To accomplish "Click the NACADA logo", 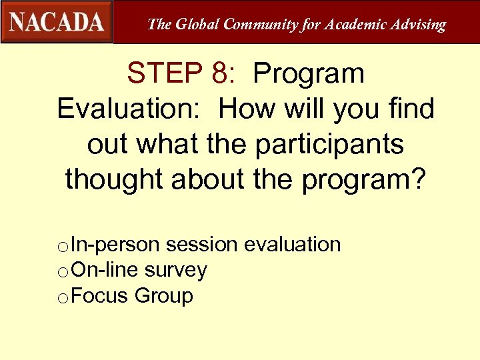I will pos(57,22).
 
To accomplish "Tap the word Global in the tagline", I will pos(197,25).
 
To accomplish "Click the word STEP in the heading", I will pos(169,73).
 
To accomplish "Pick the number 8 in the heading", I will pos(220,73).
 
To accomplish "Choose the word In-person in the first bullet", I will pos(115,245).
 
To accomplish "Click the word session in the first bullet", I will pos(202,245).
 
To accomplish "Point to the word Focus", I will pos(99,295).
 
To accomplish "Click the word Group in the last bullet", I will pos(164,295).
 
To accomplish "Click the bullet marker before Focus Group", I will pos(63,297).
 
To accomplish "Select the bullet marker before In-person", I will pos(63,247).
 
